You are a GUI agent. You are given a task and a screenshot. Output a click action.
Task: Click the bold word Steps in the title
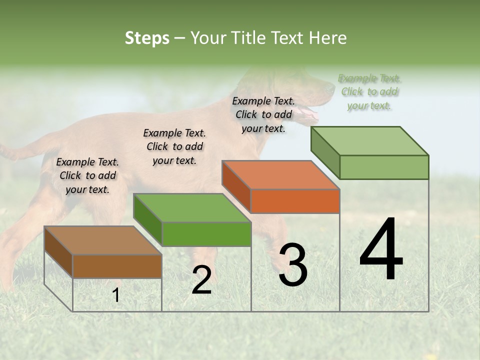pos(147,38)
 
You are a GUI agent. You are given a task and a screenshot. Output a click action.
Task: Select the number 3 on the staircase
pos(293,265)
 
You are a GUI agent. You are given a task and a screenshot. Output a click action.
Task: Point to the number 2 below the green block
pos(201,280)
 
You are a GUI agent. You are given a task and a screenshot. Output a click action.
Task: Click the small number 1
pos(116,295)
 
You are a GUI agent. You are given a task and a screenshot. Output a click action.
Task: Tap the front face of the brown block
pos(117,266)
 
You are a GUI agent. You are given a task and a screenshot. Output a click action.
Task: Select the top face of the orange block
pos(280,175)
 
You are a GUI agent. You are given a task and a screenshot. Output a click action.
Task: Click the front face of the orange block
pos(295,201)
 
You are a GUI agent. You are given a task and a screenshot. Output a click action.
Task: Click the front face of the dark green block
pos(206,234)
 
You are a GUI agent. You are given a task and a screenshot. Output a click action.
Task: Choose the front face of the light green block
pos(384,167)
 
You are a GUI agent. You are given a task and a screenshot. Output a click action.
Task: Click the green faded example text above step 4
pos(369,92)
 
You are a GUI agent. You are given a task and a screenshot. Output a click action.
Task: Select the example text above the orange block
pos(263,114)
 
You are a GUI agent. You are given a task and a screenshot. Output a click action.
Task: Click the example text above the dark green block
pos(174,146)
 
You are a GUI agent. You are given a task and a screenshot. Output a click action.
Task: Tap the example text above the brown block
pos(87,175)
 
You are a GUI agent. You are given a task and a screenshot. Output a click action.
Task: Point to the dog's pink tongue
pos(311,116)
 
